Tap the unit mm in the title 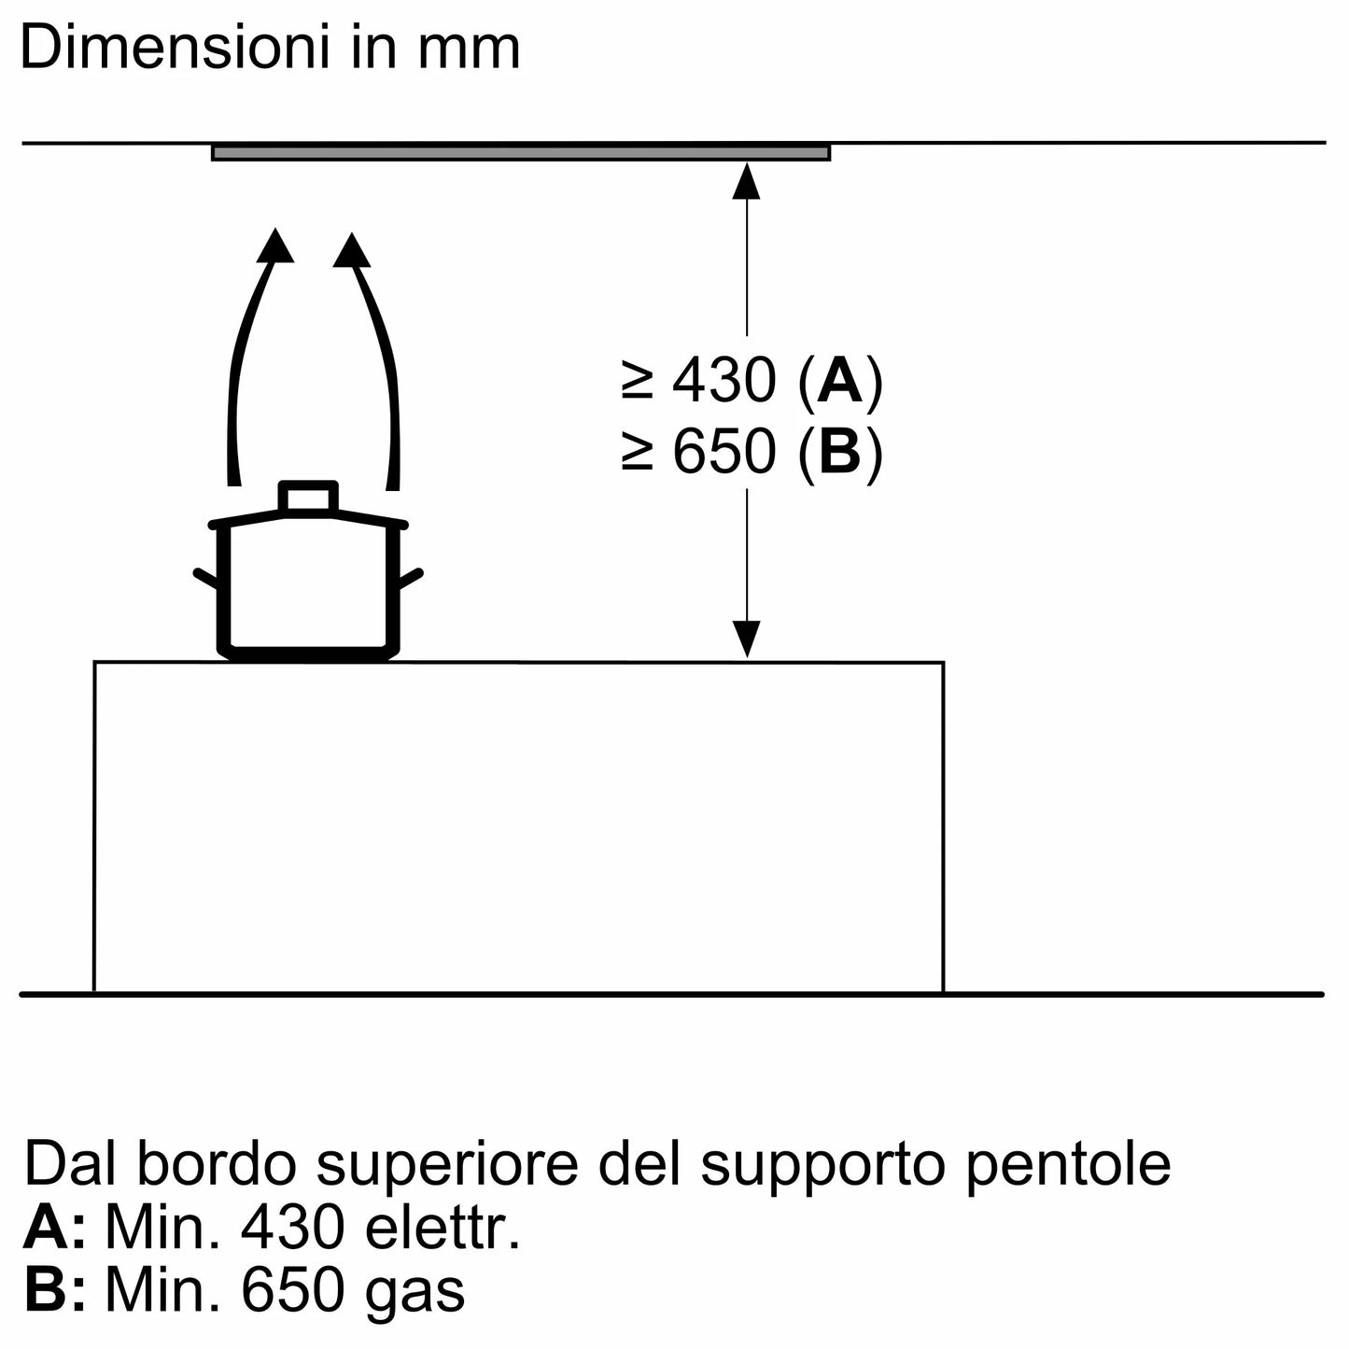[x=469, y=49]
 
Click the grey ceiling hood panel [x=520, y=152]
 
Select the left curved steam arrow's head [x=274, y=245]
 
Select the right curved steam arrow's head [x=352, y=250]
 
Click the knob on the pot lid [x=307, y=497]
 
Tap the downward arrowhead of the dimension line [x=746, y=640]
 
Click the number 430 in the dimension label [x=724, y=382]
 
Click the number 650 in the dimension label [x=724, y=453]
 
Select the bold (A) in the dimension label [x=840, y=382]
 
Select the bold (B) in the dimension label [x=840, y=453]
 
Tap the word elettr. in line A [x=443, y=1228]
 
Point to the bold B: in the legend [x=54, y=1291]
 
